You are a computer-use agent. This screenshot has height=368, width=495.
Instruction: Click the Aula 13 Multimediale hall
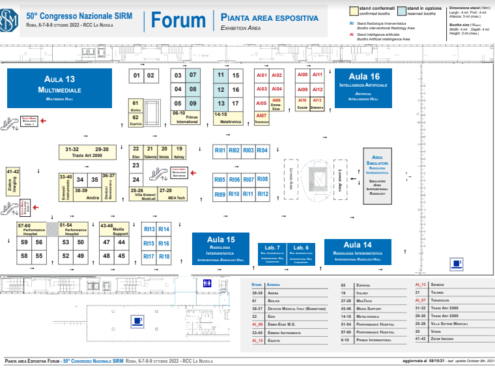pos(57,87)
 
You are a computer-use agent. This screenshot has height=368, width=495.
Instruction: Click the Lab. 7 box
pos(272,253)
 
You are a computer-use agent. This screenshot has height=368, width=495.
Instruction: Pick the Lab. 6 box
pos(301,253)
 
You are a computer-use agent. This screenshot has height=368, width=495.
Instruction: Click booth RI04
pos(262,150)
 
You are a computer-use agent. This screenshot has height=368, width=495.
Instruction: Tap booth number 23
pos(136,165)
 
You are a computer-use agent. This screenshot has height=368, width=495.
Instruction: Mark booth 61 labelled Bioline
pos(135,106)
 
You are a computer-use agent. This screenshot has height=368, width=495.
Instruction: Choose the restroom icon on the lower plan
pos(207,283)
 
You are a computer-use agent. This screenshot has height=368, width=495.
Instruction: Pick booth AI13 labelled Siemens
pos(317,104)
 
